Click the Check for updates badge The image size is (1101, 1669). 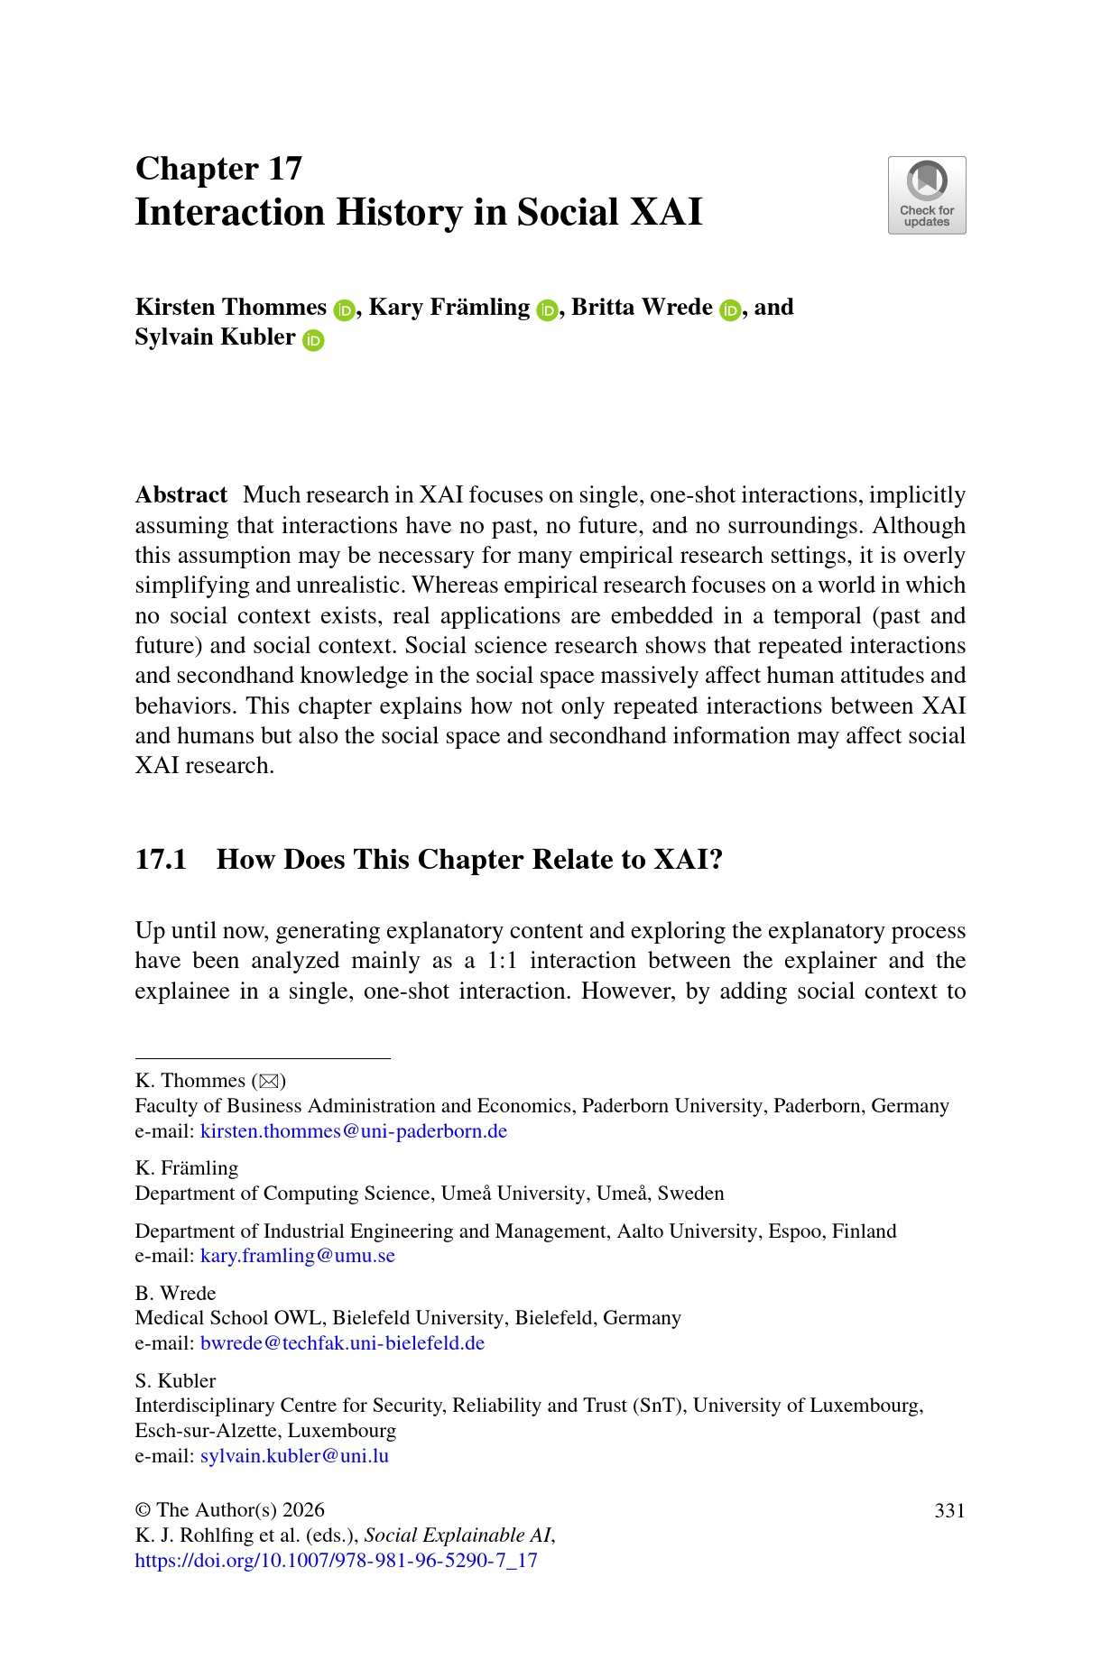click(x=926, y=195)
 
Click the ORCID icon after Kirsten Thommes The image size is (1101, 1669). click(x=344, y=309)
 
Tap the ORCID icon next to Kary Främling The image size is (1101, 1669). click(x=547, y=309)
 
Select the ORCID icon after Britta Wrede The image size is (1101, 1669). click(x=730, y=309)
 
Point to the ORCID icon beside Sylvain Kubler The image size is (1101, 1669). click(x=313, y=340)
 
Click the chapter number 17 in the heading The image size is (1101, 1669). click(x=284, y=169)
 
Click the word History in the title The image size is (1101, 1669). click(x=399, y=213)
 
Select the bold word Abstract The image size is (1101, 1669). click(x=180, y=495)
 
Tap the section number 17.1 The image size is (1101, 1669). click(x=161, y=859)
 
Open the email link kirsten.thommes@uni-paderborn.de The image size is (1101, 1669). click(x=353, y=1131)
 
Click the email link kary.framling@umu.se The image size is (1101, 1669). click(x=297, y=1256)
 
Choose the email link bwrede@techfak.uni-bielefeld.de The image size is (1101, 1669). click(x=342, y=1343)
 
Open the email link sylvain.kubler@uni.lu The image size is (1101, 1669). click(x=294, y=1456)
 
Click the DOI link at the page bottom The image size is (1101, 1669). click(x=336, y=1561)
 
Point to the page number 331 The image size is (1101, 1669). click(x=949, y=1511)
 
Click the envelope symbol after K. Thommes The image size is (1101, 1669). click(x=268, y=1081)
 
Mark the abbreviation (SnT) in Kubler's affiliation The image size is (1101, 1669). click(x=659, y=1406)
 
